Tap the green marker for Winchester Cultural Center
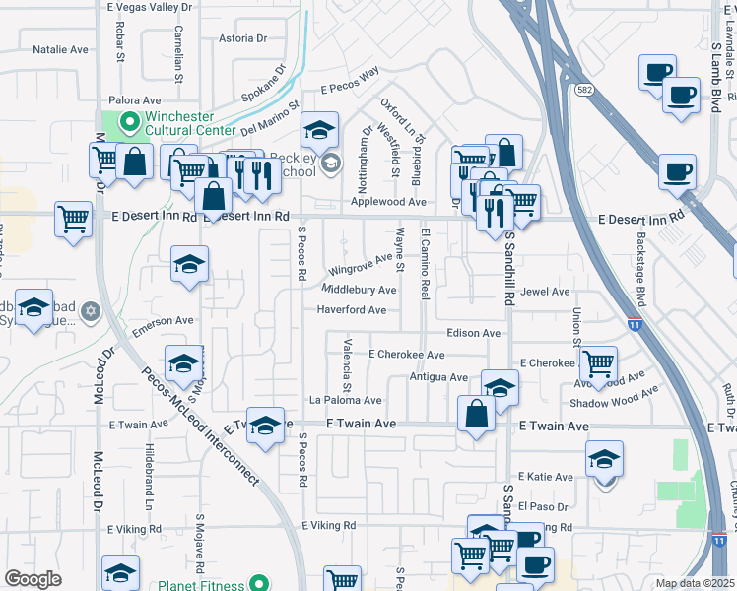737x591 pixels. pos(127,123)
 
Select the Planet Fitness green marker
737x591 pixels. pos(258,585)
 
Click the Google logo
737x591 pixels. pos(33,579)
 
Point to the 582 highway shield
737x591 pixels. pos(585,90)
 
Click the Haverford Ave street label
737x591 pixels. pos(351,309)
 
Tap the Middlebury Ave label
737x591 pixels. pos(360,290)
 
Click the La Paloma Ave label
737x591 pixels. pos(345,401)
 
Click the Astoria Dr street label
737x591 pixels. pos(242,38)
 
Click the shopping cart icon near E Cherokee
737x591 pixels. pos(598,363)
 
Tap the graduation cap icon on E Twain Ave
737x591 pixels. pos(265,425)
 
